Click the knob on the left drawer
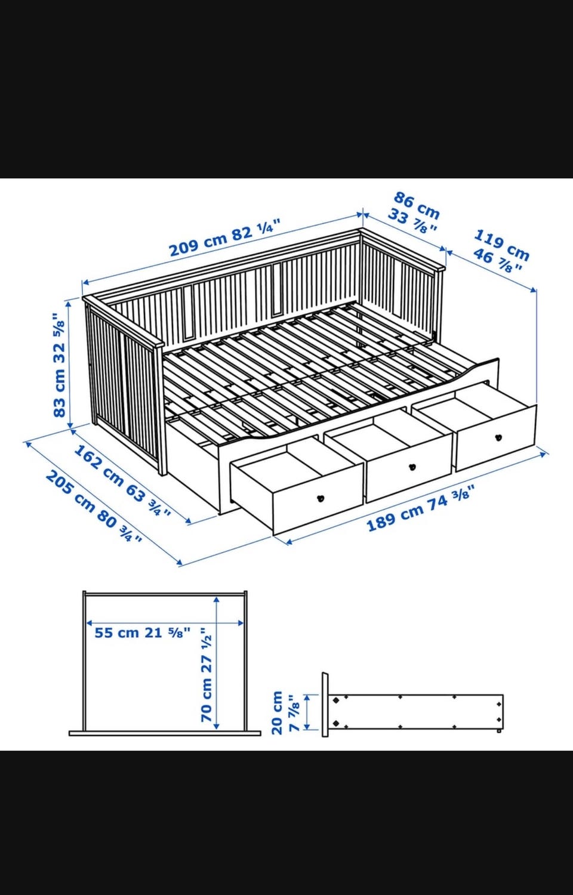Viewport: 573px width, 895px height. click(321, 498)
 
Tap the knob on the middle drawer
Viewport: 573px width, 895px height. click(412, 467)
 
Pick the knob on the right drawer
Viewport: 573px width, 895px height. click(498, 437)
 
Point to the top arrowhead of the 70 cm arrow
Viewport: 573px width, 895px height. click(217, 600)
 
